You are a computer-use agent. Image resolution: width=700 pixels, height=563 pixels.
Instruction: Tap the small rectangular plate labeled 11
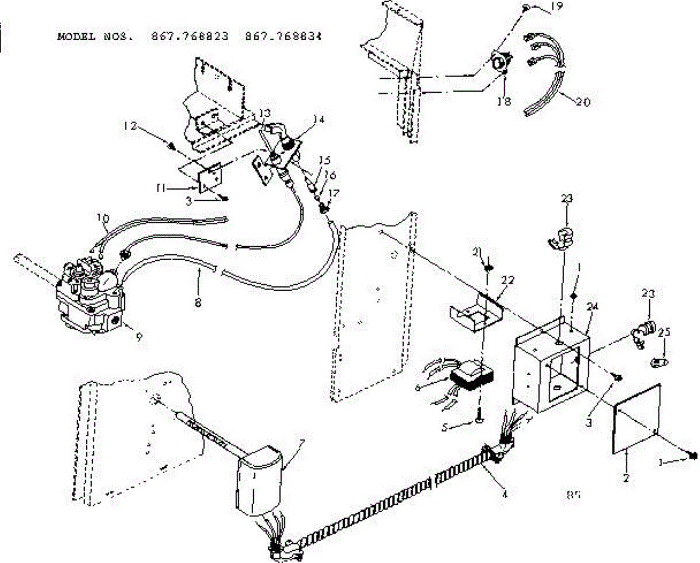(211, 179)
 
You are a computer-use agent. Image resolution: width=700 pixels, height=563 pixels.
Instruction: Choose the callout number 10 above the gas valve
(103, 219)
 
